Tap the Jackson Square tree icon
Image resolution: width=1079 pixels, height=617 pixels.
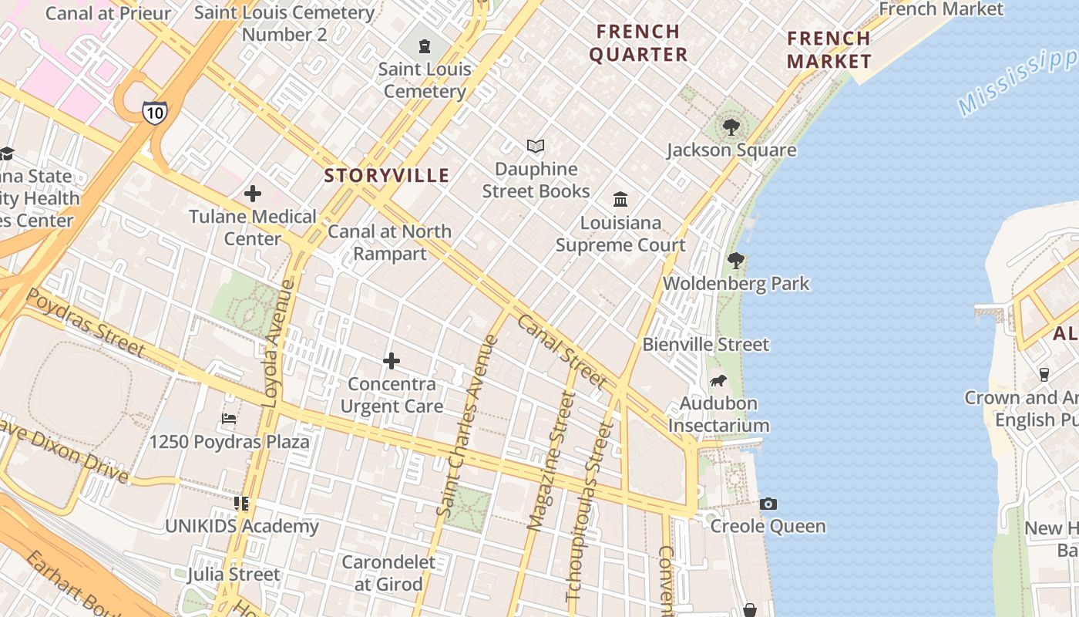point(731,127)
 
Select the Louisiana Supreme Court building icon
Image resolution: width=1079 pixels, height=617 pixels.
point(620,201)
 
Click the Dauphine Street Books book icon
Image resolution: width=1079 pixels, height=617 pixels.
point(536,146)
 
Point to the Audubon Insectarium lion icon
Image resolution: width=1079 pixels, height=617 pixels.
point(718,381)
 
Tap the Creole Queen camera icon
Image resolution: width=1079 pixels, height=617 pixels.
point(768,504)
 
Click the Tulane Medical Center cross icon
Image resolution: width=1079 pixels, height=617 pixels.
point(253,194)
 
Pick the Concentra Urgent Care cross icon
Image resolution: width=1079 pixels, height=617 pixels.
point(392,361)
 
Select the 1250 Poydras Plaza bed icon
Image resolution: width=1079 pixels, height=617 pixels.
point(229,419)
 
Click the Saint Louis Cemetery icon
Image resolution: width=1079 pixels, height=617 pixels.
point(425,46)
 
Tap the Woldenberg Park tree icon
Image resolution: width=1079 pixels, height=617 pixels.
point(736,261)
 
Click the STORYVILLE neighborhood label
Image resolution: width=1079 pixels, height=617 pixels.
point(386,176)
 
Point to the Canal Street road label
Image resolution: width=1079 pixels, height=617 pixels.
point(563,351)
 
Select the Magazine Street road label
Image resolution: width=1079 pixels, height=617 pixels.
point(552,461)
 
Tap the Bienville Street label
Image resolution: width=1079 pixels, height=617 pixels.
point(705,345)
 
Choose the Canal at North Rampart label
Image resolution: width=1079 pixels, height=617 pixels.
point(390,242)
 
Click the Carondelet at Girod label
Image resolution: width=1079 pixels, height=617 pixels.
point(388,573)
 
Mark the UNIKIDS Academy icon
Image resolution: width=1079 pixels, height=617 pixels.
point(241,504)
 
